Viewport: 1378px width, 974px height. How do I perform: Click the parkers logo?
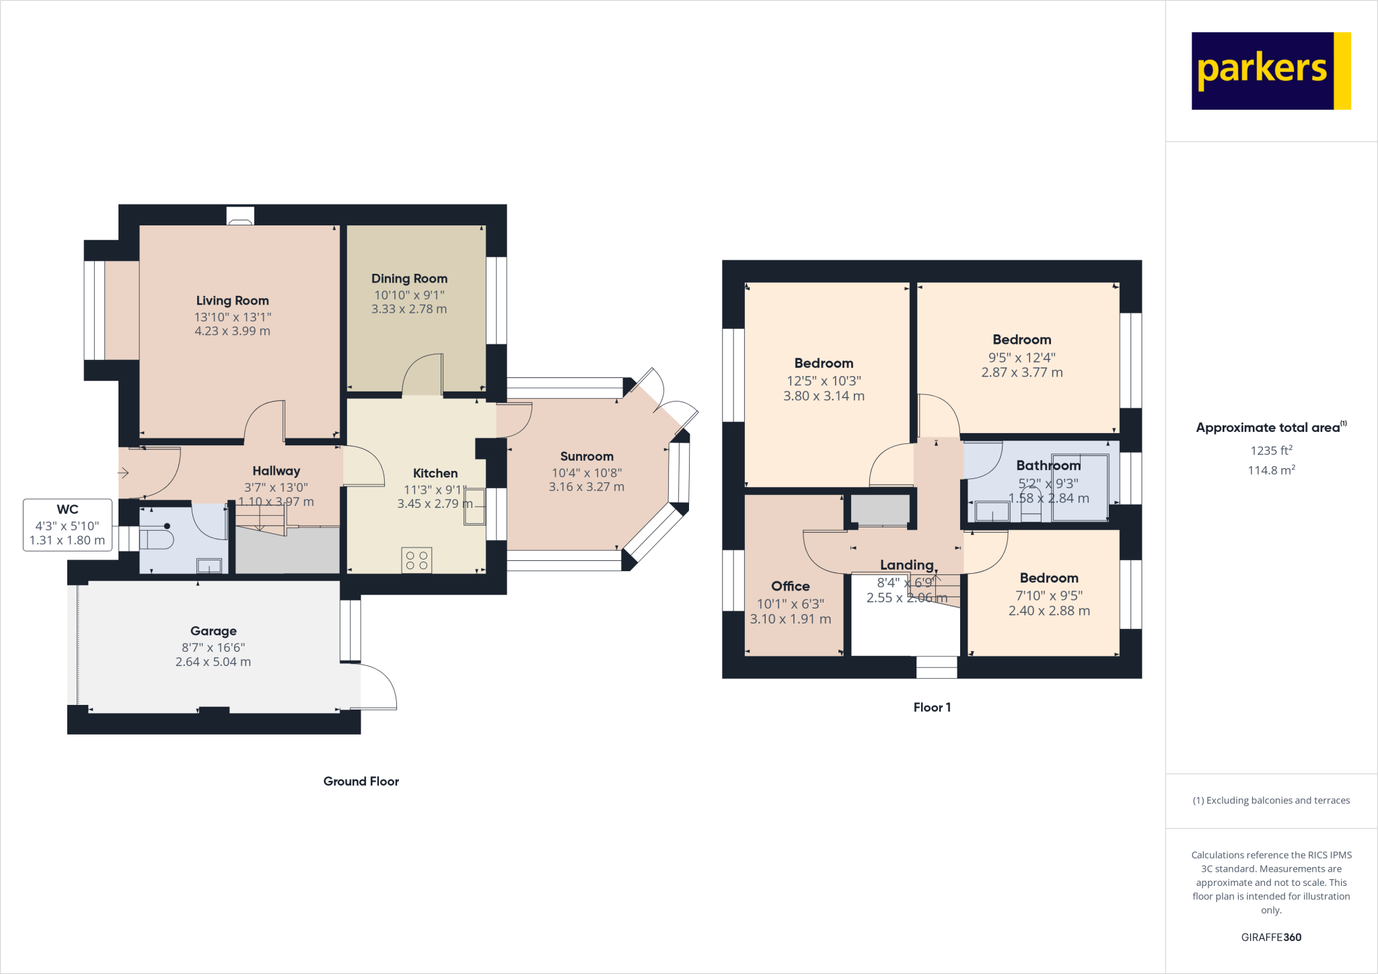(x=1270, y=71)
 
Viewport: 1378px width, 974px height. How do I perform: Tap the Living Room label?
(x=232, y=301)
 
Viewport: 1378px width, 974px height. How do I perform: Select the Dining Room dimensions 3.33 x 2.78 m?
(x=409, y=309)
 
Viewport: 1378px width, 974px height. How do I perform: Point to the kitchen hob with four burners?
(x=416, y=560)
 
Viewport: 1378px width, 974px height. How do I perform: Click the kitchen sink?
(x=474, y=506)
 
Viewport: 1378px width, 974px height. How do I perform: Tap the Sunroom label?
(x=587, y=457)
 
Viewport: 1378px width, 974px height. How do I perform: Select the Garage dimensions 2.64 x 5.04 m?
(x=213, y=662)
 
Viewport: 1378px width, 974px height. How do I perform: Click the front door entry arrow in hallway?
(x=123, y=473)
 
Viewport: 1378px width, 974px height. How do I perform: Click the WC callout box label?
(x=67, y=510)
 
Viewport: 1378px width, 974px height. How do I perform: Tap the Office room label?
(x=790, y=587)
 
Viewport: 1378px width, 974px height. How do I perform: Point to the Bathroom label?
(x=1048, y=465)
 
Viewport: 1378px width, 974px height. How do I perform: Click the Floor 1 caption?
(x=932, y=707)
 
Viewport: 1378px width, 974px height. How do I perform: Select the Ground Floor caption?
(x=361, y=781)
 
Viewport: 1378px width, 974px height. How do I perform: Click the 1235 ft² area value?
(x=1270, y=451)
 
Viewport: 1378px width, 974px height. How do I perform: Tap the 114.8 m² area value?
(x=1270, y=470)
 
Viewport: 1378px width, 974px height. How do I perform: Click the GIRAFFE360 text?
(x=1270, y=937)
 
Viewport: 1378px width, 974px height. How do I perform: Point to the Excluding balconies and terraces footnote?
(x=1270, y=800)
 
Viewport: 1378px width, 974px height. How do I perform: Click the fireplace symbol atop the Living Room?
(x=240, y=216)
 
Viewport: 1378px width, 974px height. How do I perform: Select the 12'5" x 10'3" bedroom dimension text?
(x=824, y=381)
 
